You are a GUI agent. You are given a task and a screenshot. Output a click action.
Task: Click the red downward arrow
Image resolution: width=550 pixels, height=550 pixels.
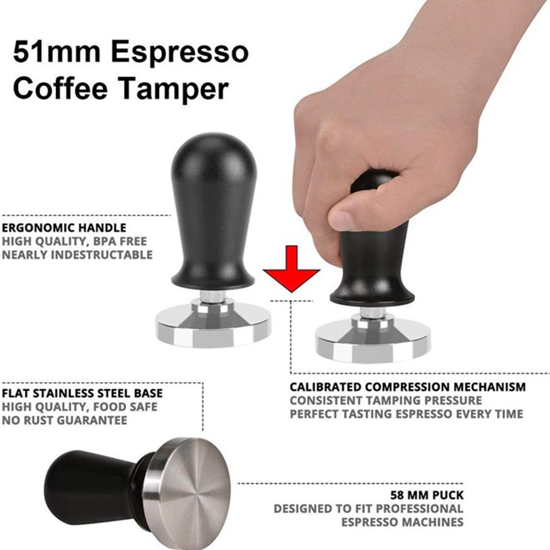(291, 269)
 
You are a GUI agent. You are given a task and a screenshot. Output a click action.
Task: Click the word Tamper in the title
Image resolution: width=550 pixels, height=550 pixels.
(174, 90)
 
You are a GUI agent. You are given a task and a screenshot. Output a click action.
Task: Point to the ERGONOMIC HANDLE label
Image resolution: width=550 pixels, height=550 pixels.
(64, 228)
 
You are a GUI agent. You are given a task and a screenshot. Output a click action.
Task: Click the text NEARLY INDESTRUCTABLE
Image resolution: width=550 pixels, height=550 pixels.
(77, 255)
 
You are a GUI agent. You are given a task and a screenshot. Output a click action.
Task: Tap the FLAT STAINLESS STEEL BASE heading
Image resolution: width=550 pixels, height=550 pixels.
(82, 393)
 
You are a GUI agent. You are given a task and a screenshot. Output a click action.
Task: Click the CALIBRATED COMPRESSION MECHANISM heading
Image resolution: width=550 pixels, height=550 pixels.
(408, 387)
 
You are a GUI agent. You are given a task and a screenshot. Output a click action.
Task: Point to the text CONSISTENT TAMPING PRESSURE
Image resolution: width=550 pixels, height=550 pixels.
(386, 400)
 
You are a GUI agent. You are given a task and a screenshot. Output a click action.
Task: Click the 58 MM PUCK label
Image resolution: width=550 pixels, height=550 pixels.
(427, 495)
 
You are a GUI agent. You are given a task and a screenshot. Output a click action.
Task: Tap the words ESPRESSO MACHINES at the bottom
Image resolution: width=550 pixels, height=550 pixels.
(403, 522)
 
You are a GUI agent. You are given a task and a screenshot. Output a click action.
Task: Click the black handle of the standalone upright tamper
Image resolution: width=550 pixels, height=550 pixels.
(212, 211)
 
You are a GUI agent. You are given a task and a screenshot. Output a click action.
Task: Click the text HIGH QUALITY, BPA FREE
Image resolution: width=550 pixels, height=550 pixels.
(74, 241)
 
